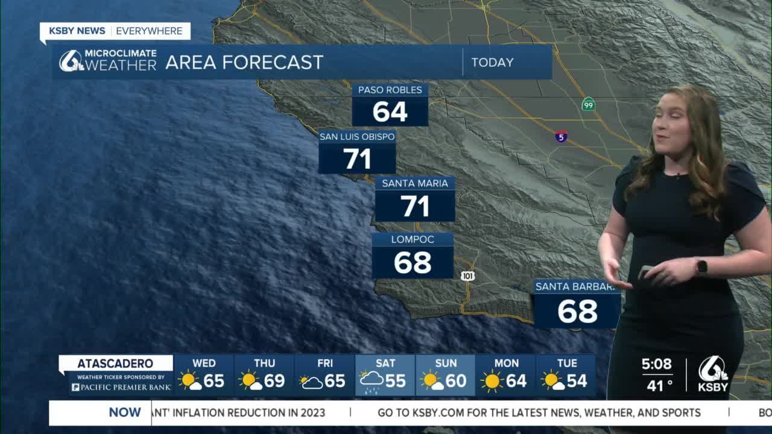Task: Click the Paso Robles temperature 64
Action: tap(390, 112)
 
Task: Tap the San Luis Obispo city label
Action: tap(357, 137)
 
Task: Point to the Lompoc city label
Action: tap(413, 239)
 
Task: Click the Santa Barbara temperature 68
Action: tap(577, 311)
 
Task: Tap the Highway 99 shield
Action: tap(589, 105)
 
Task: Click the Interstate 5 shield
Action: tap(561, 137)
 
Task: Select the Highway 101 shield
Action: tap(467, 276)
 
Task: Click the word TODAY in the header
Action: tap(492, 62)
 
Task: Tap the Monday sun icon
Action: tap(492, 381)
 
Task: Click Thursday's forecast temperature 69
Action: tap(274, 381)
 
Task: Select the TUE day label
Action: tap(567, 363)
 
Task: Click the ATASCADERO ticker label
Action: tap(115, 363)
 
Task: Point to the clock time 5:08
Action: tap(656, 364)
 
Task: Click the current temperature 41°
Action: tap(659, 385)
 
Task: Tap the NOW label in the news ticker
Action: tap(125, 412)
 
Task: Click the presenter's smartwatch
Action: tap(701, 266)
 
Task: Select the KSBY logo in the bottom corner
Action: tap(713, 374)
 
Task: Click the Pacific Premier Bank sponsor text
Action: tap(121, 387)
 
